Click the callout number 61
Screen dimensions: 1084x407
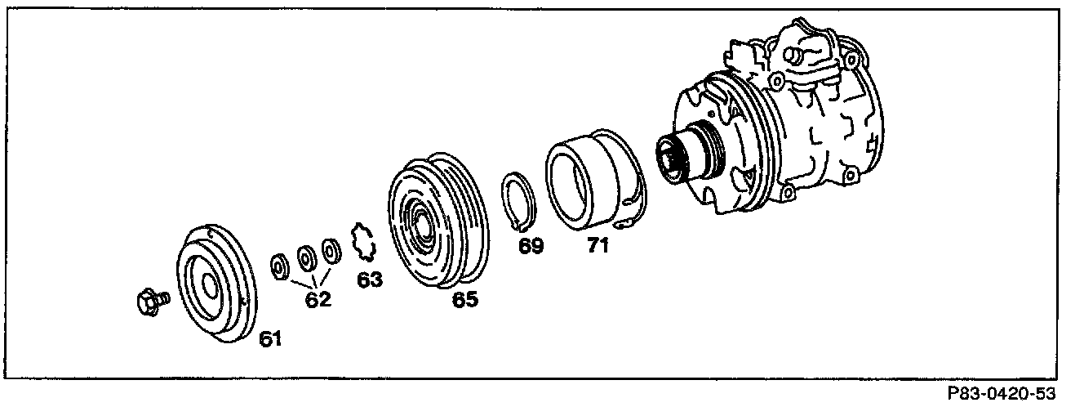coord(270,338)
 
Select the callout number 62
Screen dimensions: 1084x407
coord(318,299)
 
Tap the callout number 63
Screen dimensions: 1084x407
coord(370,280)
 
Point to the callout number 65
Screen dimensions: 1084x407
coord(465,299)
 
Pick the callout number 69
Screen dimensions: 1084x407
coord(531,246)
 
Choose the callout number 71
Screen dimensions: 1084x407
coord(598,245)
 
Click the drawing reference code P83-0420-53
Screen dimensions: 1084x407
coord(1002,393)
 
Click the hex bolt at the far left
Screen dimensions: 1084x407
coord(153,302)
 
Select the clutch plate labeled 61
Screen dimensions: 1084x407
coord(216,284)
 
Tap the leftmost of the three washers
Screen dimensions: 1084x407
coord(280,266)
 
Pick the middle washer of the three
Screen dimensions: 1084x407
coord(306,259)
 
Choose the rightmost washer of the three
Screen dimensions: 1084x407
coord(331,252)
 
